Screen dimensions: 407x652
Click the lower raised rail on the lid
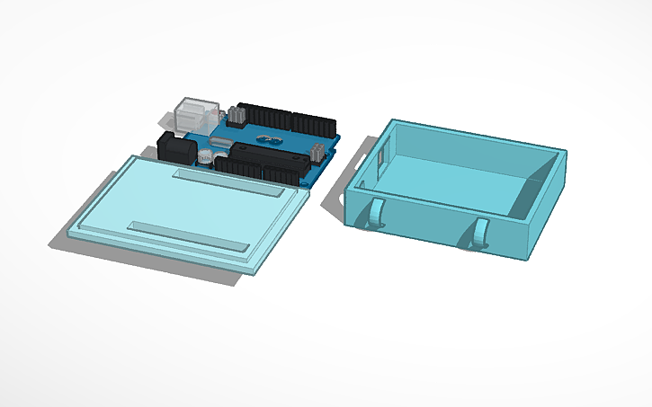[x=188, y=234]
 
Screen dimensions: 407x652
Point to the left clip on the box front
[x=377, y=216]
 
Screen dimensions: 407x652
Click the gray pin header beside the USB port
[x=236, y=115]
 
